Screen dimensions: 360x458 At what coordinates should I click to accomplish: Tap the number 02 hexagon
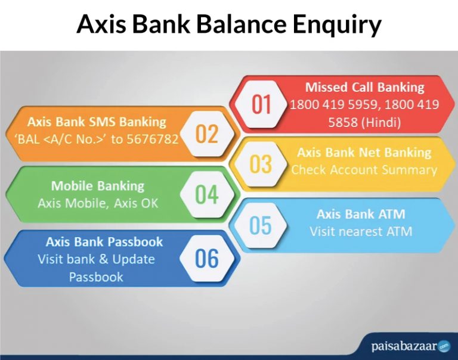point(207,134)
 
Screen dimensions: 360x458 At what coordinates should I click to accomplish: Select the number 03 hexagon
point(261,164)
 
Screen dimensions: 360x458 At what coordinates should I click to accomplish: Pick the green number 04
point(206,195)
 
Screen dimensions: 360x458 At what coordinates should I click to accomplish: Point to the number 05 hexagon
point(261,226)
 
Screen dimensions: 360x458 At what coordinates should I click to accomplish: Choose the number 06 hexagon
point(206,258)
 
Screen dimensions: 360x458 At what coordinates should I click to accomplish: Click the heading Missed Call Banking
point(364,87)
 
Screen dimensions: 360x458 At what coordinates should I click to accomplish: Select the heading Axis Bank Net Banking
point(364,152)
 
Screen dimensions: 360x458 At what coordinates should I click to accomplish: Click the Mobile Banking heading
point(98,185)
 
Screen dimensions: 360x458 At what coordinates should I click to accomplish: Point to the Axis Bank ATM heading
point(360,214)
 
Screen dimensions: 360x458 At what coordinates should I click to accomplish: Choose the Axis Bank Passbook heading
point(104,242)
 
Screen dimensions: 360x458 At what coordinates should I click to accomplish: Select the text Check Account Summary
point(364,170)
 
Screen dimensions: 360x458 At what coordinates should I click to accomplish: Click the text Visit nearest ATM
point(360,231)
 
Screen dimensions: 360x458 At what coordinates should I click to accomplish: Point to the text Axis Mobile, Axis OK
point(98,203)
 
